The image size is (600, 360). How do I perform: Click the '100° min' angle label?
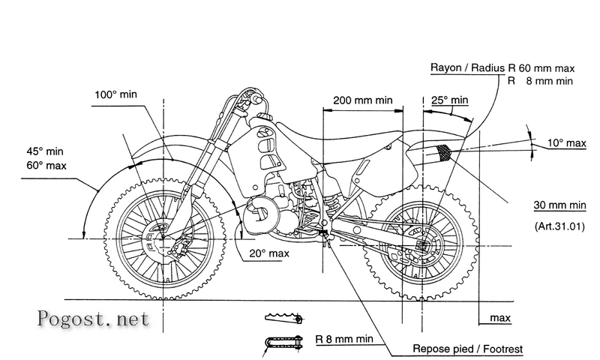click(115, 94)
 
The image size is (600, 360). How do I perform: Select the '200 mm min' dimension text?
click(363, 100)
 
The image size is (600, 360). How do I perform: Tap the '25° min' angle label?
click(449, 100)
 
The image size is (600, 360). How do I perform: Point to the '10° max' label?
click(566, 143)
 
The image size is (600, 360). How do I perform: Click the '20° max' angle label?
click(269, 253)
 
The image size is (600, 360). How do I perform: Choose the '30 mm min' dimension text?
click(559, 205)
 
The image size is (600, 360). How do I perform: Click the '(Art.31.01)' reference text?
click(559, 226)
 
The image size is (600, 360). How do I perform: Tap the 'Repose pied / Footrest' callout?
click(467, 349)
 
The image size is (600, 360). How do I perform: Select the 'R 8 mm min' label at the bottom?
click(344, 339)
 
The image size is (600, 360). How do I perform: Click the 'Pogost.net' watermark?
click(93, 319)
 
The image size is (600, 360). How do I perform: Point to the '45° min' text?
click(45, 151)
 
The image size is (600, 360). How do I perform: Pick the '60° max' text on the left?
click(46, 166)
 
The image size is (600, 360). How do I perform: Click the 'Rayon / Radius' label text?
click(467, 68)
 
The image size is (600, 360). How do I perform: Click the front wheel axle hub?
click(163, 238)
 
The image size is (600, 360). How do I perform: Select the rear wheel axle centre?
click(422, 245)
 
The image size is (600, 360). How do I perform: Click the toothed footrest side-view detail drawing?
click(283, 318)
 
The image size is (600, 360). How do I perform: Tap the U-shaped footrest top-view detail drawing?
click(284, 343)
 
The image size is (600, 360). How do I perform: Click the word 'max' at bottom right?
click(500, 318)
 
